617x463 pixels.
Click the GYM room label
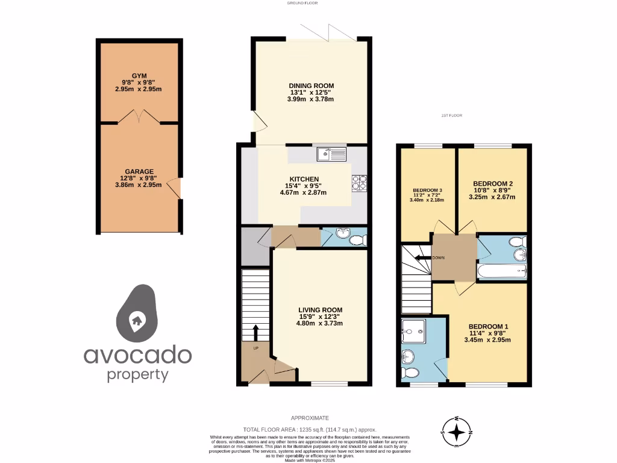point(139,75)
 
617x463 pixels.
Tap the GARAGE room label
point(139,171)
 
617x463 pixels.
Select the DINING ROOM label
point(310,86)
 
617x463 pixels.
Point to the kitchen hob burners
point(360,183)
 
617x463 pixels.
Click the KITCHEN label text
point(304,180)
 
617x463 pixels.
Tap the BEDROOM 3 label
point(428,191)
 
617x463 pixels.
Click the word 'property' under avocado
point(137,374)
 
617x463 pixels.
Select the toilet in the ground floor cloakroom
point(358,241)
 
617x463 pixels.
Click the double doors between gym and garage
point(139,118)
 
